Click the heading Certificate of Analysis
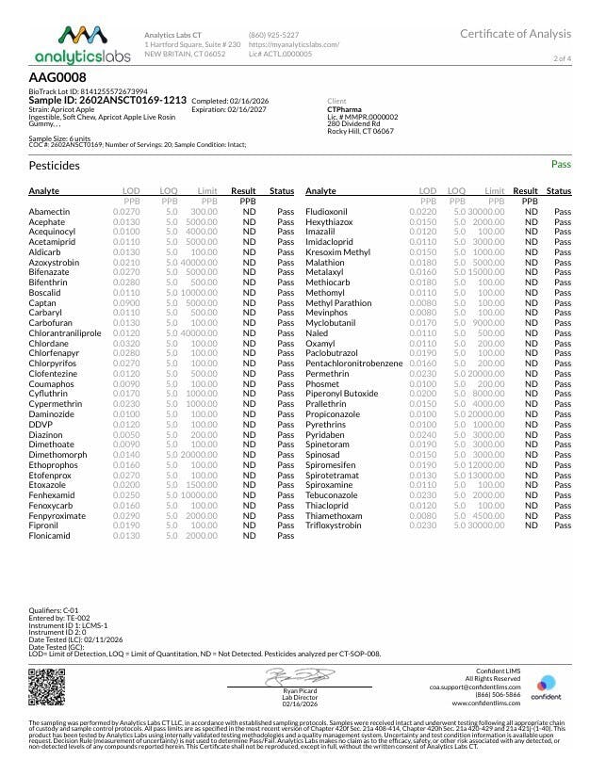click(x=515, y=35)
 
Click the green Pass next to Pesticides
click(x=561, y=164)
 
